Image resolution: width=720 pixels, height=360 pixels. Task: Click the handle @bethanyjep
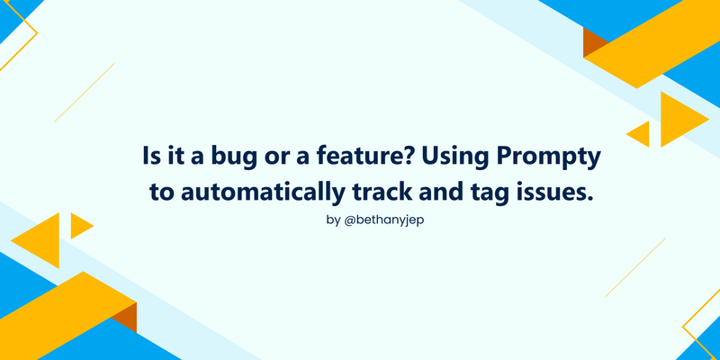tap(384, 220)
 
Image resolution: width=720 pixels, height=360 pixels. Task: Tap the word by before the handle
tap(333, 220)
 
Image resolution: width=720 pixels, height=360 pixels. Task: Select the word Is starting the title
tap(149, 157)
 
